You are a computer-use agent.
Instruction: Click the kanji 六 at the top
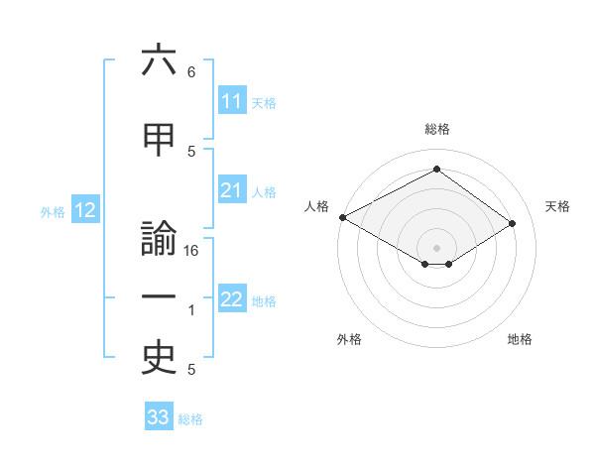pos(159,62)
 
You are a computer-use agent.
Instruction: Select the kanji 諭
pos(159,243)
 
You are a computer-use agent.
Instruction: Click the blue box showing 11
pos(232,101)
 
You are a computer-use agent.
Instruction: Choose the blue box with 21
pos(232,191)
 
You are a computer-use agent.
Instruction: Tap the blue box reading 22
pos(232,300)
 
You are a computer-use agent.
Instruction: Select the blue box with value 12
pos(84,210)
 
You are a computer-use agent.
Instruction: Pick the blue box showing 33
pos(159,417)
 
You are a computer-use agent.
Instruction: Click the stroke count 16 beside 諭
pos(192,251)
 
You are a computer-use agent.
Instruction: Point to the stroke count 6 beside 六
pos(190,72)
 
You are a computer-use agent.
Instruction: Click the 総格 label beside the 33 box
pos(190,419)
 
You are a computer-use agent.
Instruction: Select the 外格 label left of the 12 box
pos(52,211)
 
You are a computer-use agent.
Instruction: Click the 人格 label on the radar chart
pos(317,206)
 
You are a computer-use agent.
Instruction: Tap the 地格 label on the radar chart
pos(520,339)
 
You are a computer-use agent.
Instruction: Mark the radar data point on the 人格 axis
pos(342,217)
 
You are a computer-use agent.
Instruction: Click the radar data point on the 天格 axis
pos(513,223)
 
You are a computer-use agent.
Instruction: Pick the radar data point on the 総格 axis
pos(436,170)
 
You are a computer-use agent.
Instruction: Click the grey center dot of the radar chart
pos(436,246)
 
